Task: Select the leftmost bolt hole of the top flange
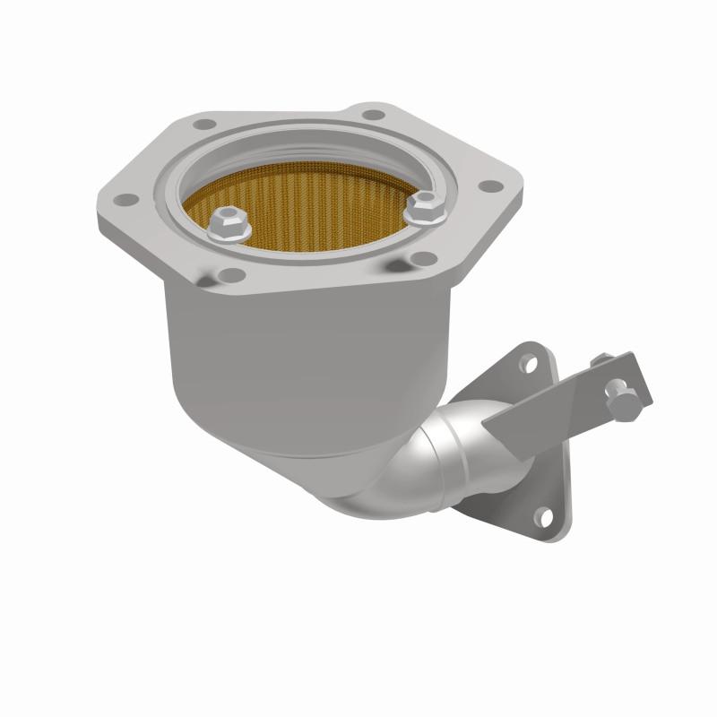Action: click(x=127, y=199)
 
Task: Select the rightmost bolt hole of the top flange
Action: click(x=489, y=186)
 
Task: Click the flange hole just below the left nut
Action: click(x=231, y=275)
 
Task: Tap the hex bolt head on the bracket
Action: click(x=621, y=403)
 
